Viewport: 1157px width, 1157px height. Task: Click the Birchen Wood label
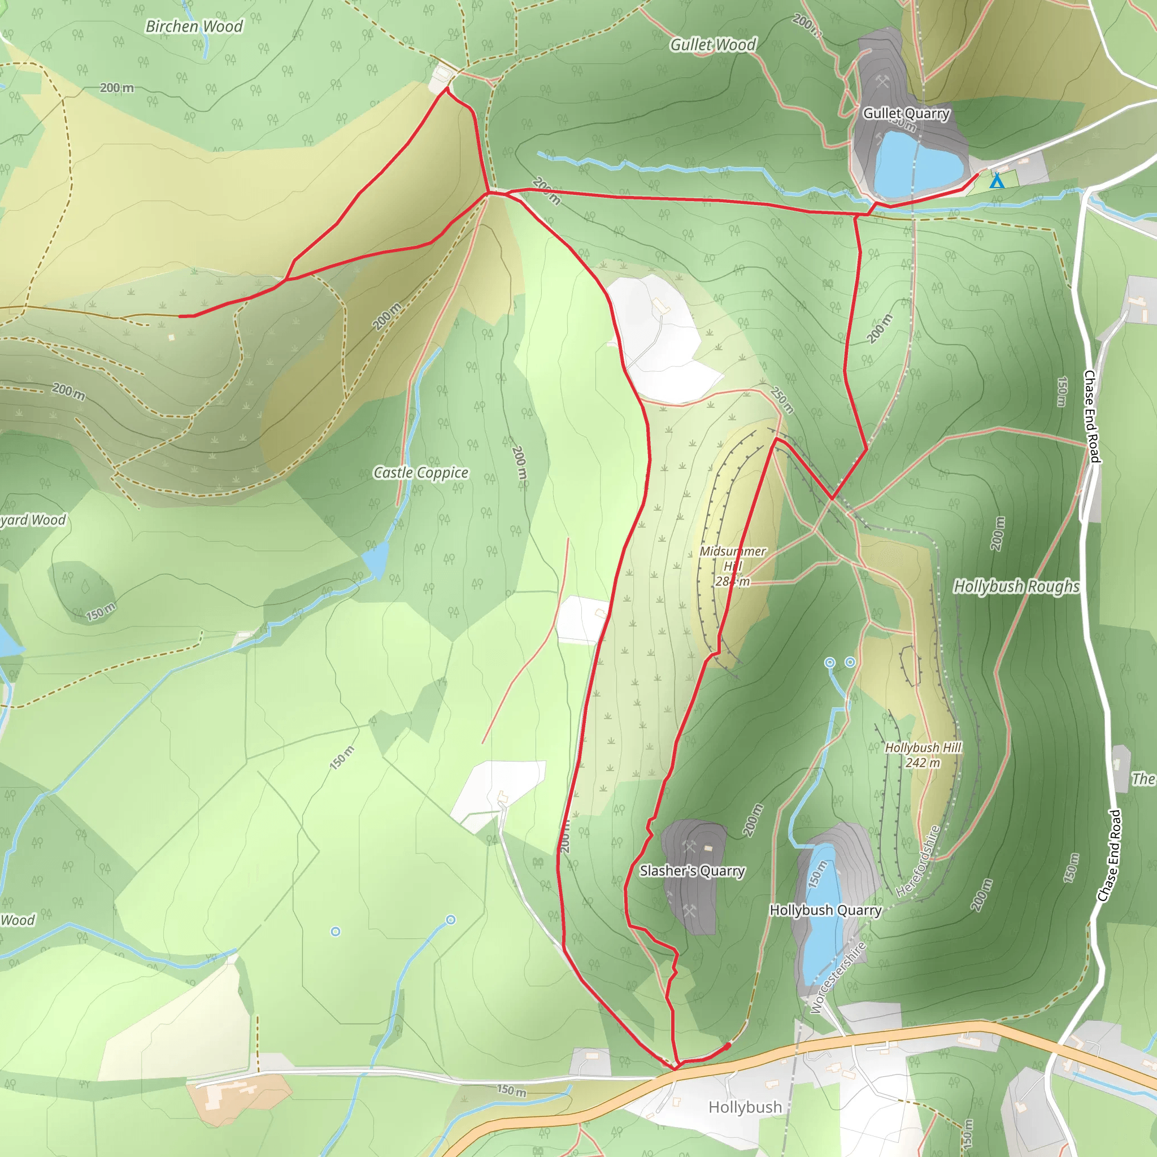[x=194, y=27]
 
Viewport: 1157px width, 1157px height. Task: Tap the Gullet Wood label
[x=712, y=45]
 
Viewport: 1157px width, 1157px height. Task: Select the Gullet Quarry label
[x=906, y=113]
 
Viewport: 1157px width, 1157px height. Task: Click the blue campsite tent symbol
[x=997, y=181]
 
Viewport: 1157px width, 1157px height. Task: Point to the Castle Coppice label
[x=420, y=472]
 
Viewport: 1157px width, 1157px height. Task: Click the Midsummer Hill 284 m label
[x=732, y=566]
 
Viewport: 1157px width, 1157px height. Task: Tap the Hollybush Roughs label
[x=1016, y=586]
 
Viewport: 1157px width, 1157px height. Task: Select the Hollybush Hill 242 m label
[x=923, y=755]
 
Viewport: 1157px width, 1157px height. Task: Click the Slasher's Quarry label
[x=691, y=871]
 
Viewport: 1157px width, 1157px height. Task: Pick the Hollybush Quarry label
[x=825, y=910]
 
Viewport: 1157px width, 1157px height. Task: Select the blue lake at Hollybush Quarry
[x=821, y=916]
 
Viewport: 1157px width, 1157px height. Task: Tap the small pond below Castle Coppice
[x=376, y=558]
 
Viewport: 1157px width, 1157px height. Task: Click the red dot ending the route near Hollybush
[x=728, y=1046]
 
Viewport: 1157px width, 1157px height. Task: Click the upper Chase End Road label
[x=1091, y=416]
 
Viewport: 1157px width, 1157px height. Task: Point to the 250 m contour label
[x=781, y=400]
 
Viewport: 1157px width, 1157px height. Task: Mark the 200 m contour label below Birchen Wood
[x=117, y=88]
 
